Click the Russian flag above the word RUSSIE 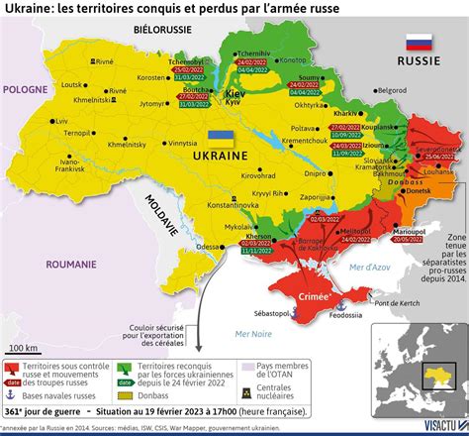pyautogui.click(x=418, y=45)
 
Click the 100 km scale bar pyautogui.click(x=25, y=328)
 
